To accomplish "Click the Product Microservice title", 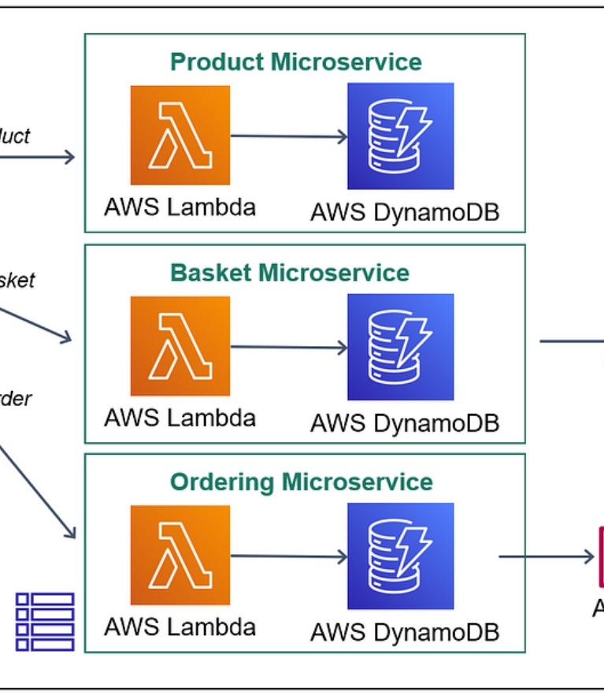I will coord(296,61).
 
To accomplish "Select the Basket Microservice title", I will coord(290,273).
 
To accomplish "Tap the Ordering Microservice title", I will coord(302,482).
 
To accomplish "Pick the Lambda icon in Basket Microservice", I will coord(180,346).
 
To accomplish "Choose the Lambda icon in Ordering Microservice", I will coord(180,555).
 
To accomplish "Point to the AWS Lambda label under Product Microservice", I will coord(180,207).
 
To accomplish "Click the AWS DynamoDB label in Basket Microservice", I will coord(405,423).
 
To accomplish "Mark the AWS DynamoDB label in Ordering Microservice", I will coord(405,632).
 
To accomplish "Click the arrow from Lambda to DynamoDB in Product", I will coord(288,136).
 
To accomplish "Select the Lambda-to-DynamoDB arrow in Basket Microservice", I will coord(288,347).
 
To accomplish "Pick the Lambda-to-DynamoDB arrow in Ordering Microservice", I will coord(288,556).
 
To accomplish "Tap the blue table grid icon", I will coord(45,621).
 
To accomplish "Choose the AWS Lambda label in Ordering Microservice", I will coord(180,627).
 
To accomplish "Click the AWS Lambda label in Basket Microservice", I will coord(180,417).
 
